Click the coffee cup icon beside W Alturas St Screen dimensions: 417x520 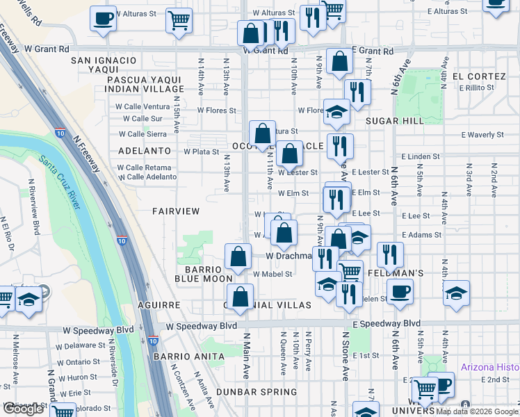coord(103,19)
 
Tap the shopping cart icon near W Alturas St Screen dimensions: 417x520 coord(179,21)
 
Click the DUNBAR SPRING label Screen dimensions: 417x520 coord(251,392)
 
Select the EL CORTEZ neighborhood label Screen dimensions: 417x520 coord(478,76)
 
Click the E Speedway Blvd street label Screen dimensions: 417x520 coord(387,324)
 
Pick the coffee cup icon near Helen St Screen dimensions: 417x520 coord(400,292)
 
